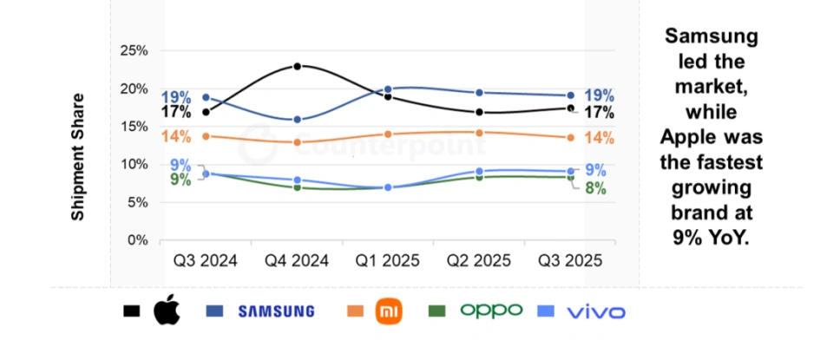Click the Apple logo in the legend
[x=166, y=311]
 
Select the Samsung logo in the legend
[x=276, y=311]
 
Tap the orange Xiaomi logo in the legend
[x=390, y=311]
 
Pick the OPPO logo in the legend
[x=491, y=310]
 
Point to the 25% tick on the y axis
[x=134, y=50]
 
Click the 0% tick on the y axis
[x=137, y=240]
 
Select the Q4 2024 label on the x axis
[x=298, y=260]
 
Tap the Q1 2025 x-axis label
[x=388, y=260]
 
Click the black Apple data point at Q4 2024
[x=298, y=66]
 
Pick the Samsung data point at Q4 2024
[x=298, y=120]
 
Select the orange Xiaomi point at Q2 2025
[x=479, y=133]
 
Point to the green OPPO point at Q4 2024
[x=298, y=187]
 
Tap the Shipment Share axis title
[x=78, y=156]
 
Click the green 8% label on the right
[x=595, y=187]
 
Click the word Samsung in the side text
[x=712, y=36]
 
